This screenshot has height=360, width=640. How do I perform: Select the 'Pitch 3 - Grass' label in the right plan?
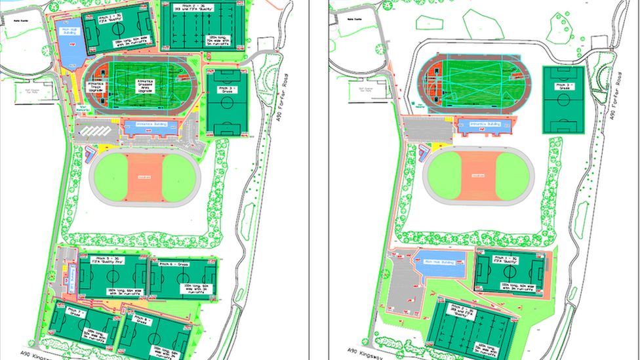pyautogui.click(x=563, y=88)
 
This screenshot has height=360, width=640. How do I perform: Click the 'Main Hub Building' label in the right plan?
pyautogui.click(x=440, y=262)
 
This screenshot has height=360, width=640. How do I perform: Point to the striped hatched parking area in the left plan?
pyautogui.click(x=96, y=132)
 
